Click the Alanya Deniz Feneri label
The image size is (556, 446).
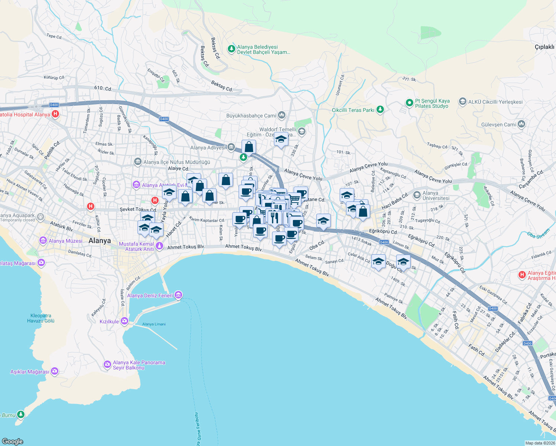point(150,295)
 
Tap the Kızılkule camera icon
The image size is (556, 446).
point(124,321)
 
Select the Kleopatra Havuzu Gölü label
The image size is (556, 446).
point(41,318)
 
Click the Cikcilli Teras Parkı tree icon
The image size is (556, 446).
point(380,110)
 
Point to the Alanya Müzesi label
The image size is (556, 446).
point(65,241)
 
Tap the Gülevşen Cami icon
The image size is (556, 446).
point(521,124)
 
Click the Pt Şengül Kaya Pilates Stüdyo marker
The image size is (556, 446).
point(409,103)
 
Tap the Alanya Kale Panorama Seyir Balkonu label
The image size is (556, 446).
point(139,365)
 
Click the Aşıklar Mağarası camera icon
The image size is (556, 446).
point(55,371)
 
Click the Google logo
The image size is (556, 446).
point(13,441)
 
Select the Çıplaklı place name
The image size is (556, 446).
point(544,47)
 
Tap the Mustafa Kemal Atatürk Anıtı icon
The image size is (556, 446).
point(159,245)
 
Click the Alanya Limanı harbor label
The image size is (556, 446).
point(154,324)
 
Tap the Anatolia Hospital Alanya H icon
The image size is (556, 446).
point(55,114)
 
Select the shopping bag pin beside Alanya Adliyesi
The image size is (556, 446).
point(249,147)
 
